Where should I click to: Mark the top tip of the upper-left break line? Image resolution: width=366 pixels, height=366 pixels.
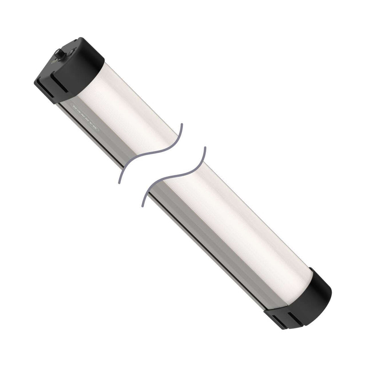[x=182, y=124]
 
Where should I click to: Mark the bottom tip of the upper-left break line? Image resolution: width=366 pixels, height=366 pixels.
[x=120, y=183]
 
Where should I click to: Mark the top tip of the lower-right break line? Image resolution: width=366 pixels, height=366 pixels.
[x=204, y=148]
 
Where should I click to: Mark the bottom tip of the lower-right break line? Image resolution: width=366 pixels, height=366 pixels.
[x=143, y=205]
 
